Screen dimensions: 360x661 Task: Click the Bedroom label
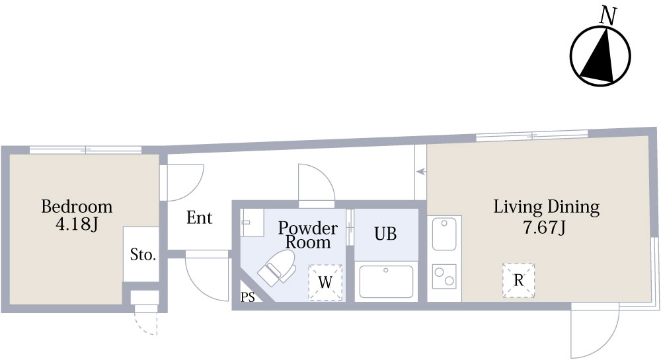(x=77, y=206)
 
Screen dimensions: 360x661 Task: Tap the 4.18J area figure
(x=77, y=225)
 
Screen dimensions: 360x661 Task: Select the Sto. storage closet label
(x=142, y=255)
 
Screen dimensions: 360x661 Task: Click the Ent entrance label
(x=199, y=217)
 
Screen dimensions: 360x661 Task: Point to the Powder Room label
(x=307, y=235)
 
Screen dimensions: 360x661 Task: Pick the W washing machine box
(x=325, y=282)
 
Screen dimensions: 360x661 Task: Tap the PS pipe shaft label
(x=247, y=297)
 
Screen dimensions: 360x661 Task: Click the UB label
(x=386, y=234)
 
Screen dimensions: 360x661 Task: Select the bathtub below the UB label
(x=386, y=281)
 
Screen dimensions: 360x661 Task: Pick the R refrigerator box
(x=519, y=280)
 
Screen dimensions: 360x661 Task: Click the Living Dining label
(x=546, y=207)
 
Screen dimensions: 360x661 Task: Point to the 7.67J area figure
(x=546, y=228)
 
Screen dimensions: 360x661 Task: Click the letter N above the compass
(x=608, y=16)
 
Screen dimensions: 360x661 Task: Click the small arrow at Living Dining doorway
(x=420, y=172)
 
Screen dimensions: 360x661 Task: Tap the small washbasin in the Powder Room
(x=251, y=219)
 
